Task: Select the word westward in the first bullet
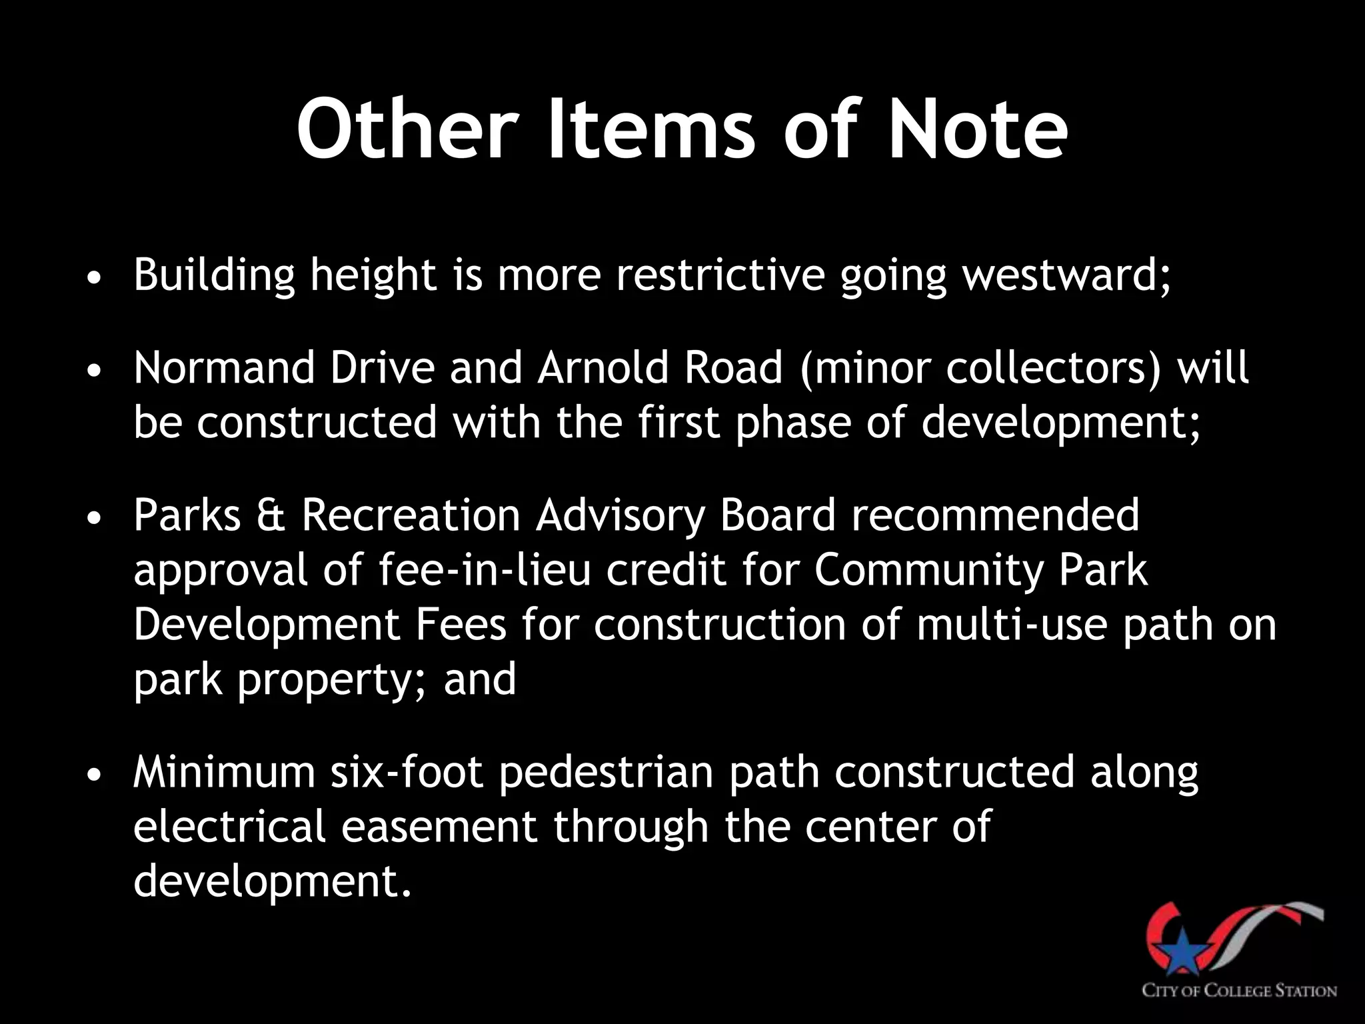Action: [1065, 275]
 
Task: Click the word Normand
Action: [224, 368]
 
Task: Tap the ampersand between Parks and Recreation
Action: [271, 515]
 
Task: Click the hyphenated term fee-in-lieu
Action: [485, 570]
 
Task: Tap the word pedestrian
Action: [605, 772]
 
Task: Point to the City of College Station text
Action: [1240, 991]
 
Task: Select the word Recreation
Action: [410, 515]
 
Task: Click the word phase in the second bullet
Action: [792, 423]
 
